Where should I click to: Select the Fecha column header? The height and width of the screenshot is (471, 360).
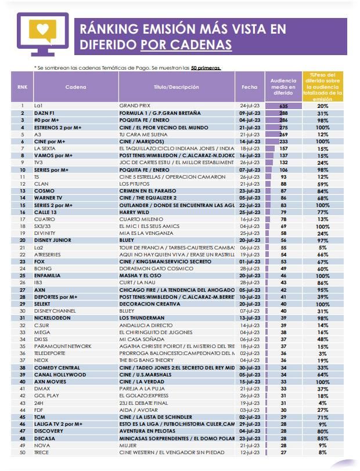tap(250, 87)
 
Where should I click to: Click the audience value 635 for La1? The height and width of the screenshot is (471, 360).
tap(283, 106)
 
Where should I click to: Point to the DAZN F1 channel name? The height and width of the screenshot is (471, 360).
tap(45, 113)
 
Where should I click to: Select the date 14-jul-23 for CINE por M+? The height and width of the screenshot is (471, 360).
tap(250, 142)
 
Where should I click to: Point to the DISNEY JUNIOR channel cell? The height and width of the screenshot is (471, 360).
tap(52, 240)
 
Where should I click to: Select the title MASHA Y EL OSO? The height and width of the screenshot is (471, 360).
tap(141, 276)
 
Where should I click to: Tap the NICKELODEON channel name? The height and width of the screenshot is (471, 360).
tap(53, 318)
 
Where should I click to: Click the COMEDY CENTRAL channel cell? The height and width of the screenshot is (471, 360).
tap(57, 368)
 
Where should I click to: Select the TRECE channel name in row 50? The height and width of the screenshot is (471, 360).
tap(42, 452)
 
